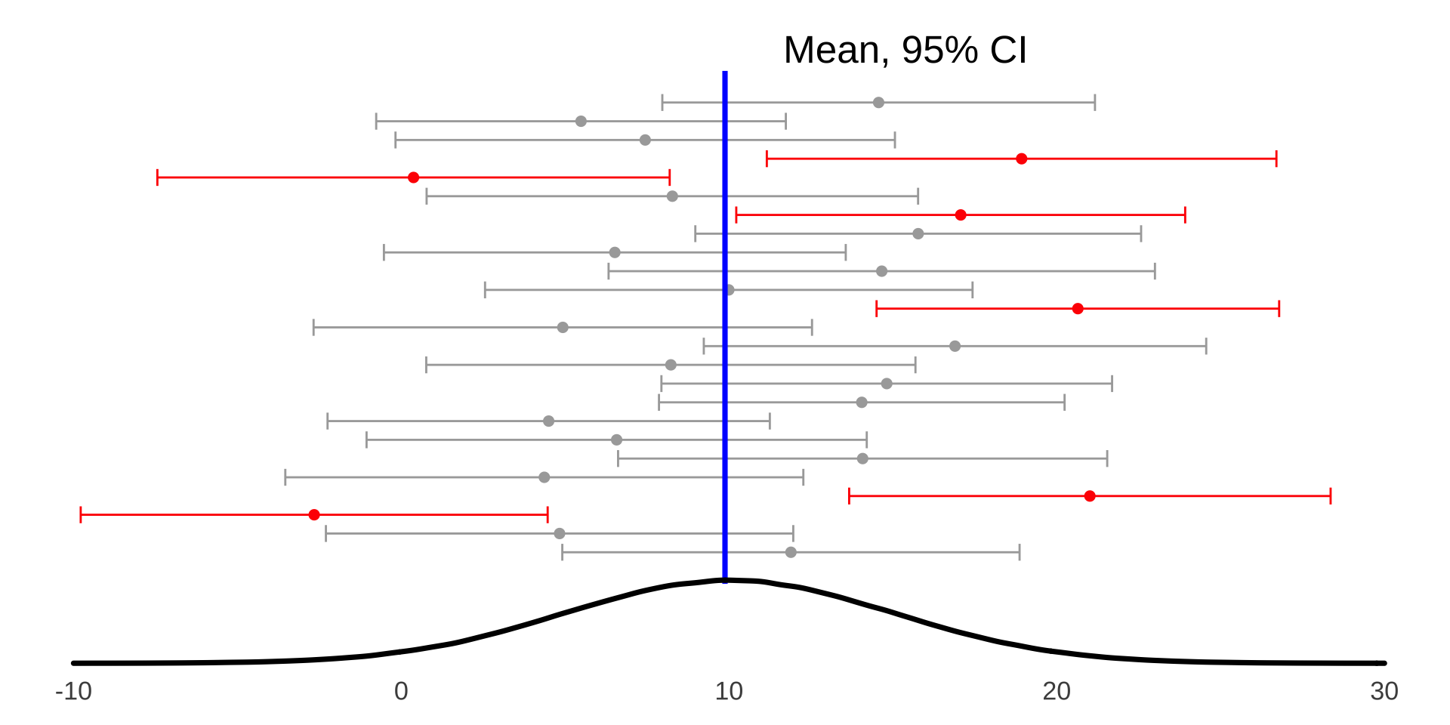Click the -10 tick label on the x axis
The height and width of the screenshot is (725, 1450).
(x=73, y=691)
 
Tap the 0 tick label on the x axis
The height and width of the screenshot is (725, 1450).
(x=401, y=691)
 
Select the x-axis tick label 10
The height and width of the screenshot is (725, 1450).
(x=729, y=691)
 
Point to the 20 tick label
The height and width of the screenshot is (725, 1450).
(x=1057, y=691)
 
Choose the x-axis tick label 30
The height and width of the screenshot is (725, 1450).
(x=1384, y=691)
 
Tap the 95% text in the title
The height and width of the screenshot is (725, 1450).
(x=940, y=51)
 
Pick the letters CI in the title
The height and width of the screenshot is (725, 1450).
(x=1008, y=51)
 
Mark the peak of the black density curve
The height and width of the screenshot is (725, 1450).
(x=727, y=580)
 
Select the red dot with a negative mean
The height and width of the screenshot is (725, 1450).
(x=314, y=515)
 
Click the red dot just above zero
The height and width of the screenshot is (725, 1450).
(x=413, y=177)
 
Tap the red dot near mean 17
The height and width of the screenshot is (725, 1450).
(x=961, y=215)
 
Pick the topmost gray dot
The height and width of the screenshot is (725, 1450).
(x=878, y=103)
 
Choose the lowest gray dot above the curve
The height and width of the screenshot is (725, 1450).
(x=791, y=553)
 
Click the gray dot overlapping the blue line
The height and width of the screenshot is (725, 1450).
(x=730, y=290)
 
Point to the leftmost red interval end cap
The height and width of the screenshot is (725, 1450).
(x=81, y=515)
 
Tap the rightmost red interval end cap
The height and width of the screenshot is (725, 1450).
(x=1331, y=496)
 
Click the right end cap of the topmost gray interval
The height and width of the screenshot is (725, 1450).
(x=1095, y=103)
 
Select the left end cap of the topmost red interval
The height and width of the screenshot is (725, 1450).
(x=767, y=159)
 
